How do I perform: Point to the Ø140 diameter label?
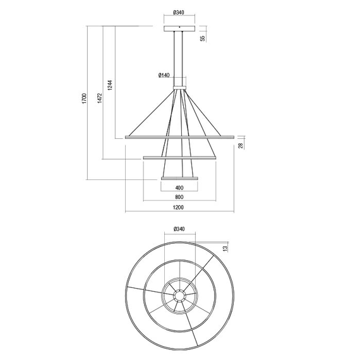164,76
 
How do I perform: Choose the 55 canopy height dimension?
203,38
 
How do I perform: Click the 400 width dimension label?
179,188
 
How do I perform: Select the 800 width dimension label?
179,197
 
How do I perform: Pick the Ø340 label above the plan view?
179,229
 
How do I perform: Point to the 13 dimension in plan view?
225,248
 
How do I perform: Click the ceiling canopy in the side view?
179,28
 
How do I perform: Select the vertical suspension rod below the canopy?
179,57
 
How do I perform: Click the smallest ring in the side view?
179,179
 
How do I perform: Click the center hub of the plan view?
179,294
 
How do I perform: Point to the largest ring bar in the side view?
179,136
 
